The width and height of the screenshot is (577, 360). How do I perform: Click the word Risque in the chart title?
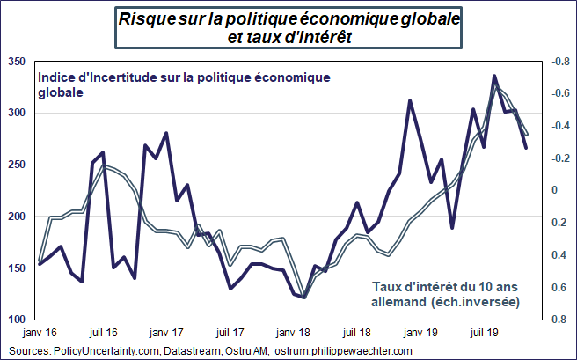(x=145, y=18)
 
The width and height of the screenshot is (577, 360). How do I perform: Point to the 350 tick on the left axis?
(x=15, y=62)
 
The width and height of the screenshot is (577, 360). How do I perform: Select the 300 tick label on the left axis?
(x=15, y=114)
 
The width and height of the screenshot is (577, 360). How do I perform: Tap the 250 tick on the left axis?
(x=15, y=165)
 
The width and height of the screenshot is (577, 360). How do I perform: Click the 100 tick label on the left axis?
(x=15, y=320)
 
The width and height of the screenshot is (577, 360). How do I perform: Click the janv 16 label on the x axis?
(x=40, y=334)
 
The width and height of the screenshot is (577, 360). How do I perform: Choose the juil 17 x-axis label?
(x=230, y=334)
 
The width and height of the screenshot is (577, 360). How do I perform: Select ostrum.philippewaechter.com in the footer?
(x=344, y=350)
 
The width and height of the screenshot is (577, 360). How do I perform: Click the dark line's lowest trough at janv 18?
(x=304, y=298)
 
